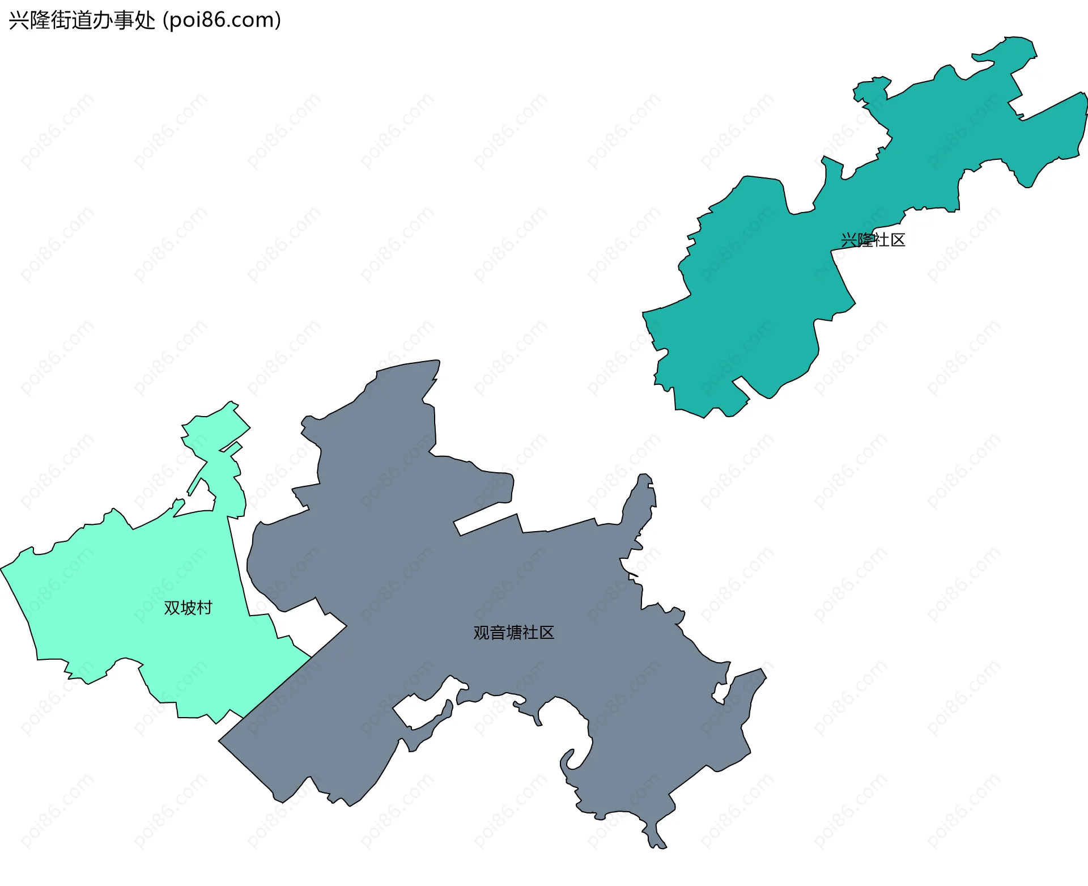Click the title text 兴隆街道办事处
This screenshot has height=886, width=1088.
tap(82, 20)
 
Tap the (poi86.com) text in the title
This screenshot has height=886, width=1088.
tap(222, 20)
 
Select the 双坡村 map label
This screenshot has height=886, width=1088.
tap(188, 608)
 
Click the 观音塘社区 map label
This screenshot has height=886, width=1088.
tap(513, 633)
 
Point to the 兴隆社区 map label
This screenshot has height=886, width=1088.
tap(873, 240)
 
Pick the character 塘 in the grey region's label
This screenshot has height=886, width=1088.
tap(513, 633)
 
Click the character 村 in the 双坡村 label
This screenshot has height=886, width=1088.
tap(204, 608)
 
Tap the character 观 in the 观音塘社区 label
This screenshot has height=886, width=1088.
tap(481, 633)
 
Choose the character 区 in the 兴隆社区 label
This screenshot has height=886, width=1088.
tap(898, 240)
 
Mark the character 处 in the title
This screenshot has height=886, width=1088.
tap(146, 20)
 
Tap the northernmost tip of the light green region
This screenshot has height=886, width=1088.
tap(231, 402)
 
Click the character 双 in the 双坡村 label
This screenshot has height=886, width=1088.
tap(172, 608)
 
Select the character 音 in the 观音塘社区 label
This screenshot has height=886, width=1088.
tap(497, 633)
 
